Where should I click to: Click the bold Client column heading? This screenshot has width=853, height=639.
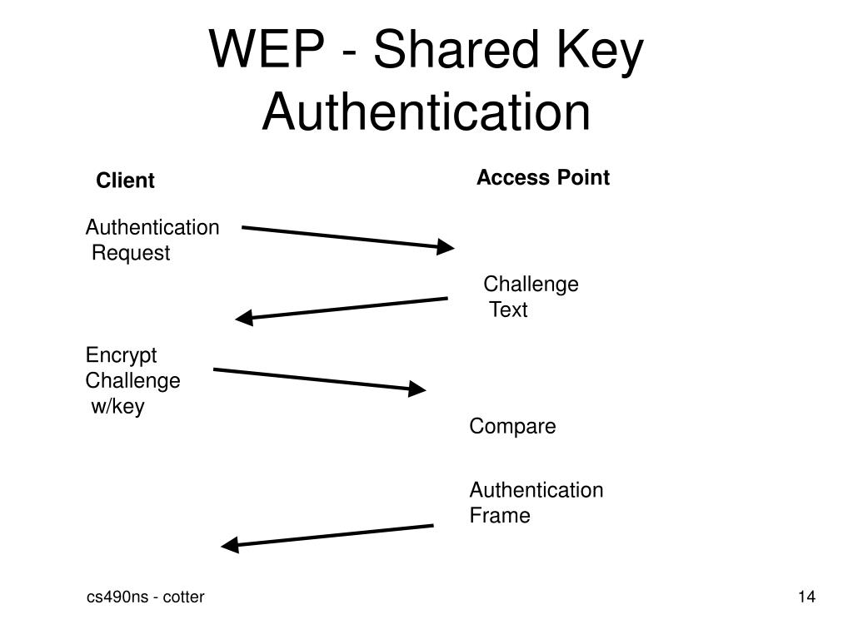click(x=125, y=181)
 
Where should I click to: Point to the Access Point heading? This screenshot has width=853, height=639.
click(x=542, y=177)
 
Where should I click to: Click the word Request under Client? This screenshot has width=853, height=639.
click(x=131, y=253)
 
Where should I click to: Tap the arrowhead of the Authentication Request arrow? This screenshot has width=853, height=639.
click(x=446, y=246)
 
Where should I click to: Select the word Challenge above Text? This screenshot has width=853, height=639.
click(x=531, y=285)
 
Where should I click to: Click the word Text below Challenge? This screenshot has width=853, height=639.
click(x=508, y=310)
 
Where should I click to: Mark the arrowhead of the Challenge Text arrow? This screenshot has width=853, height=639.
click(x=244, y=318)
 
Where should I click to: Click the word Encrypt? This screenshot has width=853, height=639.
click(x=121, y=355)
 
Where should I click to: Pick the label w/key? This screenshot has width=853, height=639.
click(x=117, y=407)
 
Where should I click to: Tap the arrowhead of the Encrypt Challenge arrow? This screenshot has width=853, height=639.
click(x=417, y=389)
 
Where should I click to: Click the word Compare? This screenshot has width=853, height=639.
click(x=512, y=427)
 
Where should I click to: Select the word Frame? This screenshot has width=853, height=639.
click(x=500, y=516)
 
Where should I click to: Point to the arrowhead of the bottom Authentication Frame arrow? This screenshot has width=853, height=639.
click(x=230, y=545)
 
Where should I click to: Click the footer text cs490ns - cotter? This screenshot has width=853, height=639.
click(x=146, y=597)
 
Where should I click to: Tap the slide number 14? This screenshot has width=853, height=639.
click(x=806, y=597)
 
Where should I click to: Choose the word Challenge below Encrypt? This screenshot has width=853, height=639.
click(x=132, y=381)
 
